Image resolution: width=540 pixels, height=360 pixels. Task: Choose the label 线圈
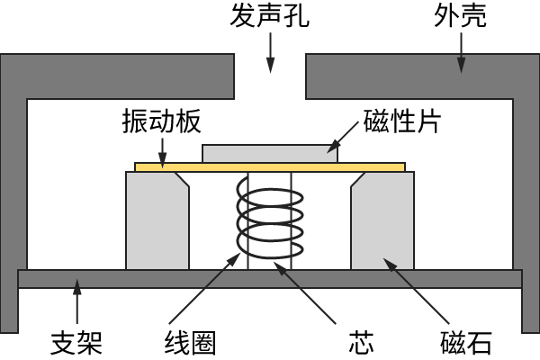point(190,343)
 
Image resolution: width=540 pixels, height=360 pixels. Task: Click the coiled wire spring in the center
point(269,220)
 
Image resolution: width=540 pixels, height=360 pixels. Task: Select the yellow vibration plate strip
point(270,166)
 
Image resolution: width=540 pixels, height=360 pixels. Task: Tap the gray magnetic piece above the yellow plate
point(270,153)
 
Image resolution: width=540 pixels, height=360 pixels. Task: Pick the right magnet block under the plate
point(382,220)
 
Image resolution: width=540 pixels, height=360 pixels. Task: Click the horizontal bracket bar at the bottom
point(270,278)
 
